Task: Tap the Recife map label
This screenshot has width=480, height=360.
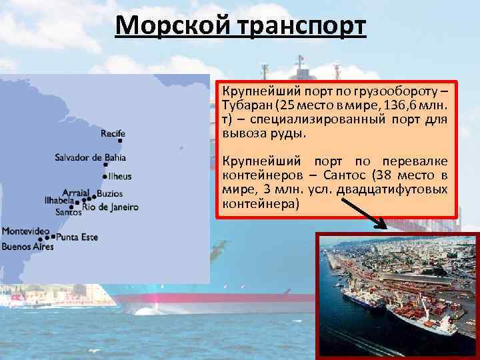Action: (113, 133)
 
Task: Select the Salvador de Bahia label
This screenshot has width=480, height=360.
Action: (90, 158)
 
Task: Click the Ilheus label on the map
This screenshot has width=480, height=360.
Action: (119, 177)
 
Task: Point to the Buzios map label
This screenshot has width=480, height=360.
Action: (109, 193)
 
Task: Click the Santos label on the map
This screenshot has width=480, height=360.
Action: (69, 213)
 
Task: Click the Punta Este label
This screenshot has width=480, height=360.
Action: (77, 237)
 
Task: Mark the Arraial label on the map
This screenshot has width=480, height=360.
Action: (75, 192)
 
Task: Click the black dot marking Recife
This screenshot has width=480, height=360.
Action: (120, 141)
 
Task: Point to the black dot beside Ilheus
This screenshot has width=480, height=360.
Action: (105, 177)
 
